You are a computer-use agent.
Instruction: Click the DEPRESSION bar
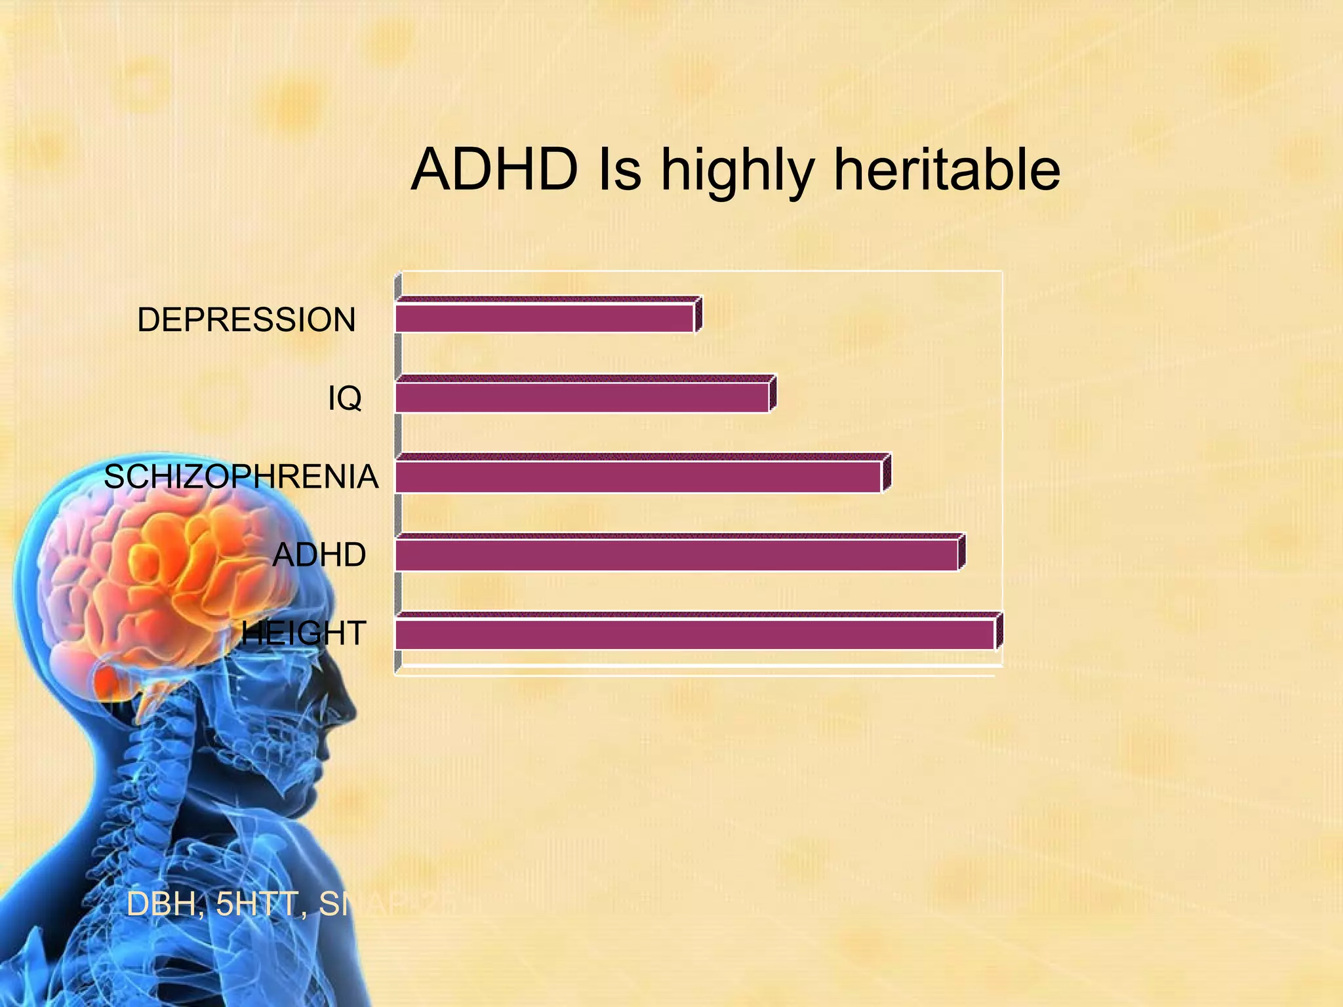[x=544, y=319]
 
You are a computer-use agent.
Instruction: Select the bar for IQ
[x=582, y=397]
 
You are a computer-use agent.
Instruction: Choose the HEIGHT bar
[x=695, y=634]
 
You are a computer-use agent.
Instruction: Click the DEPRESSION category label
[x=246, y=320]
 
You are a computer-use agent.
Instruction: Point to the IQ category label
[x=344, y=398]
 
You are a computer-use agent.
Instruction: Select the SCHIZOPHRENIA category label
[x=241, y=477]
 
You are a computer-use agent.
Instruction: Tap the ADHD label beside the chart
[x=319, y=555]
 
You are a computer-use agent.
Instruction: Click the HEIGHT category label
[x=303, y=633]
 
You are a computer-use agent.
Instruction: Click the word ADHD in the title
[x=494, y=170]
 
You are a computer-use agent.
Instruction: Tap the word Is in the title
[x=619, y=170]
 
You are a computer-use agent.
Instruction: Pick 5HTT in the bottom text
[x=256, y=904]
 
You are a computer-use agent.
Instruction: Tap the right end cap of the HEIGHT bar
[x=999, y=631]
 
